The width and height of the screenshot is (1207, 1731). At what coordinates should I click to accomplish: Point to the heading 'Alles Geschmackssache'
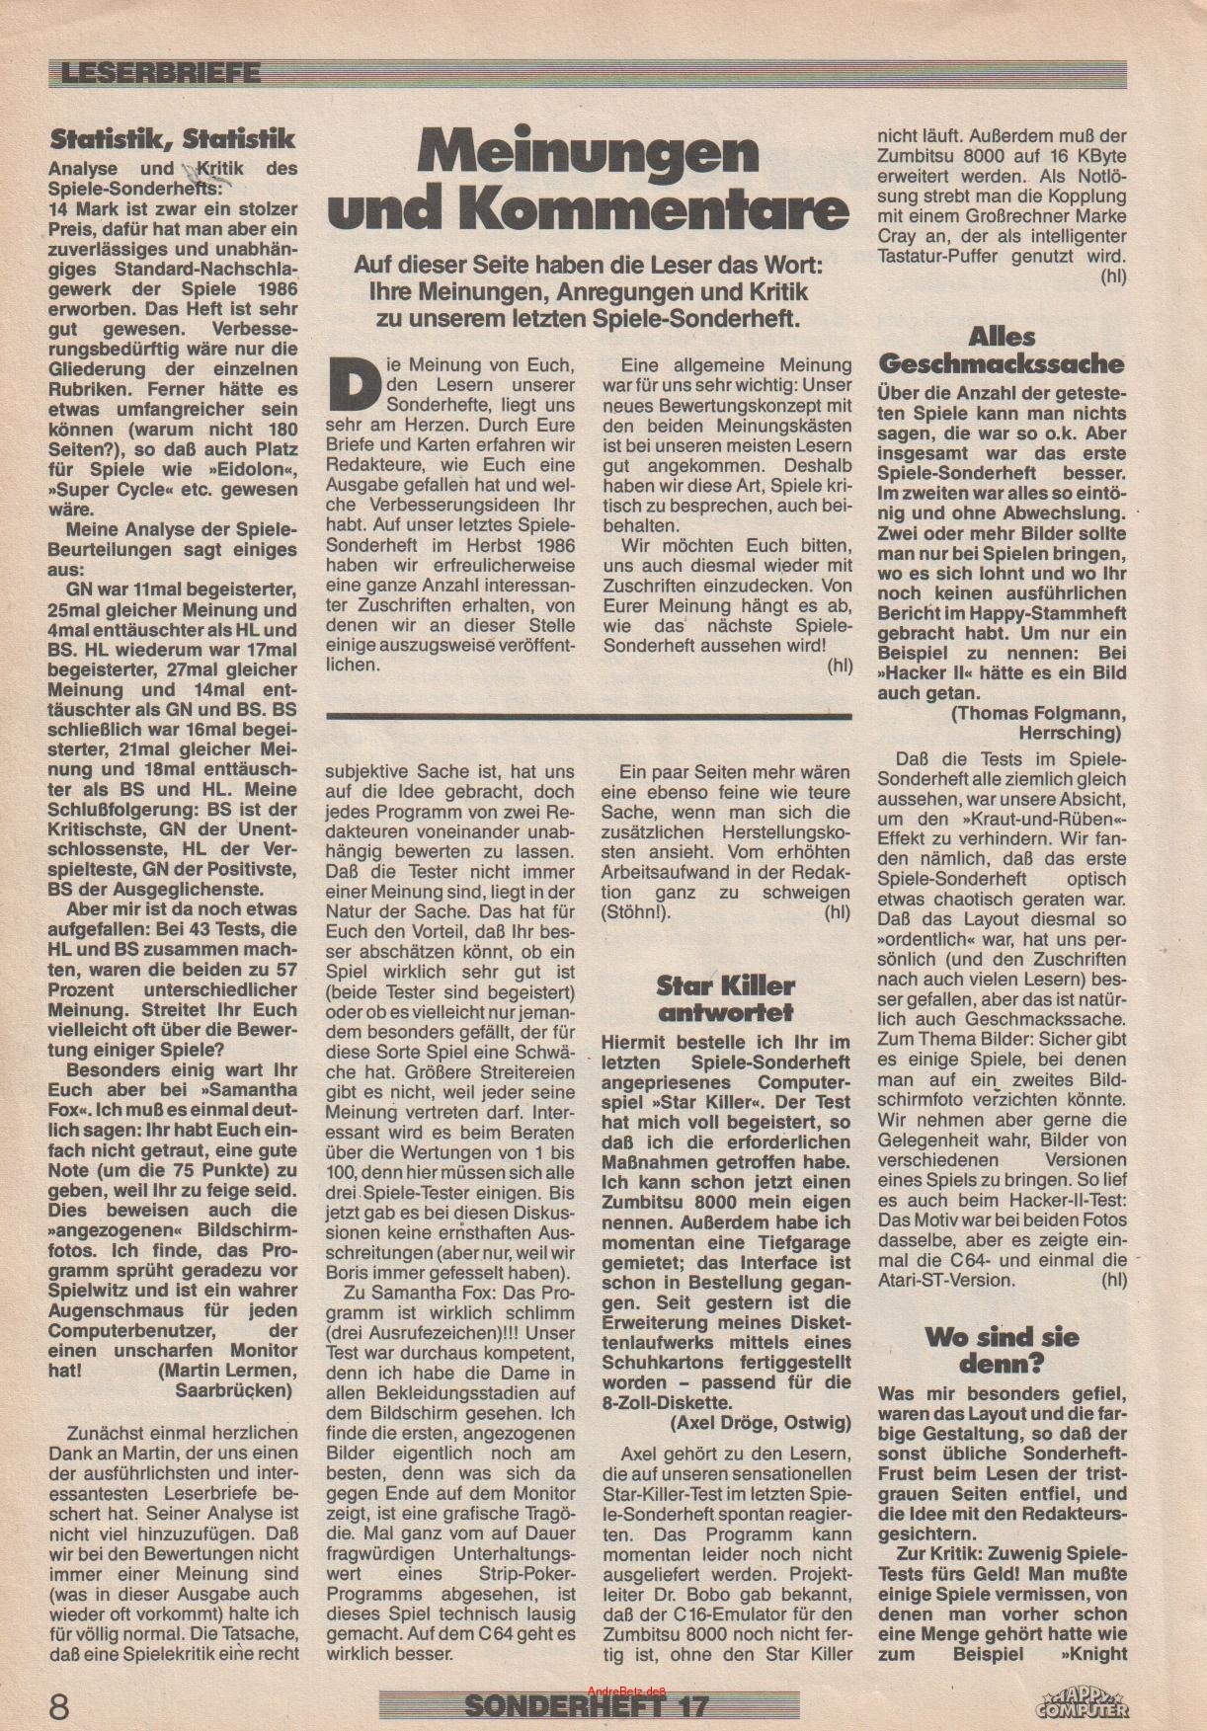point(1002,351)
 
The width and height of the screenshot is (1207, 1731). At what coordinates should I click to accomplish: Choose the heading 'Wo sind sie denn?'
point(1002,1351)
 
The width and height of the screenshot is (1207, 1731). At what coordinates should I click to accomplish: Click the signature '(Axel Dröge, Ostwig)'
point(760,1422)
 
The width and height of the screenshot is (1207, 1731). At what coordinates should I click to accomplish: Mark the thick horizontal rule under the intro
point(589,714)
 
